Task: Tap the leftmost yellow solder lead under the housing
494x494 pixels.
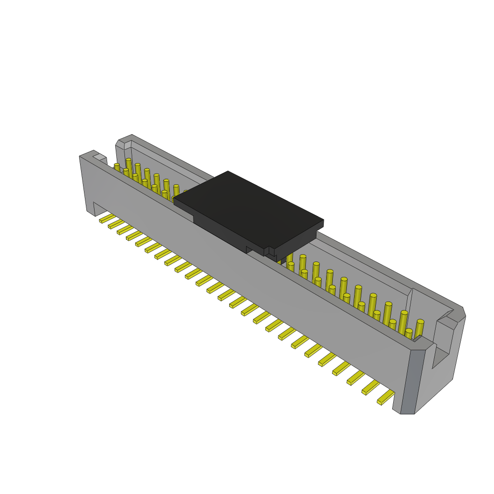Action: click(107, 219)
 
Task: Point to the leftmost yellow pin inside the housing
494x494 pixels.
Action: click(117, 167)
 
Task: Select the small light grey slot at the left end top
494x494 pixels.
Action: click(99, 157)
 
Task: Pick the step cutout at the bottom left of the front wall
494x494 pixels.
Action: click(99, 208)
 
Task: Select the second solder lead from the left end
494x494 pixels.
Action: click(116, 224)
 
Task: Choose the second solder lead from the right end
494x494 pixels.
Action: click(371, 387)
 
